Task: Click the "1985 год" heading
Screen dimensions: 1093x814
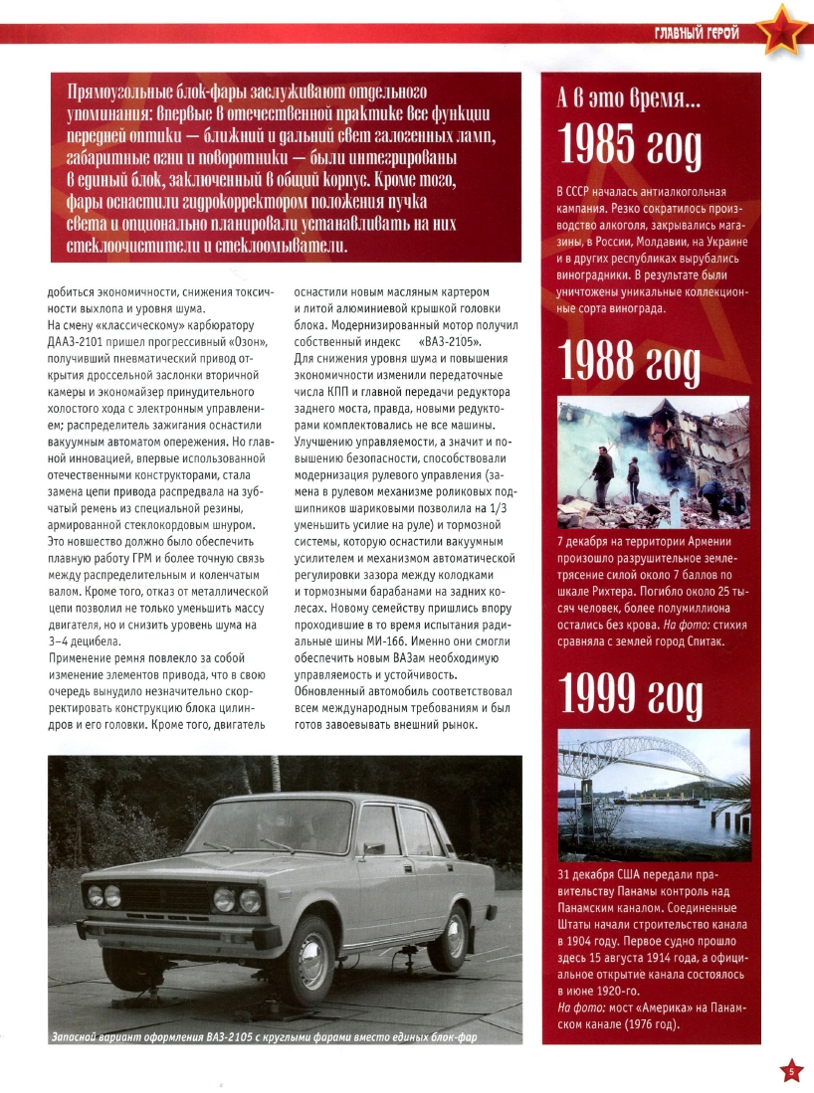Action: (630, 147)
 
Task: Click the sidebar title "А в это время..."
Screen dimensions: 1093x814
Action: (628, 99)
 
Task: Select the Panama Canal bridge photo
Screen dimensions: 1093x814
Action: (652, 793)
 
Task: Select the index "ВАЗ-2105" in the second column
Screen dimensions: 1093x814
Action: (442, 341)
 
